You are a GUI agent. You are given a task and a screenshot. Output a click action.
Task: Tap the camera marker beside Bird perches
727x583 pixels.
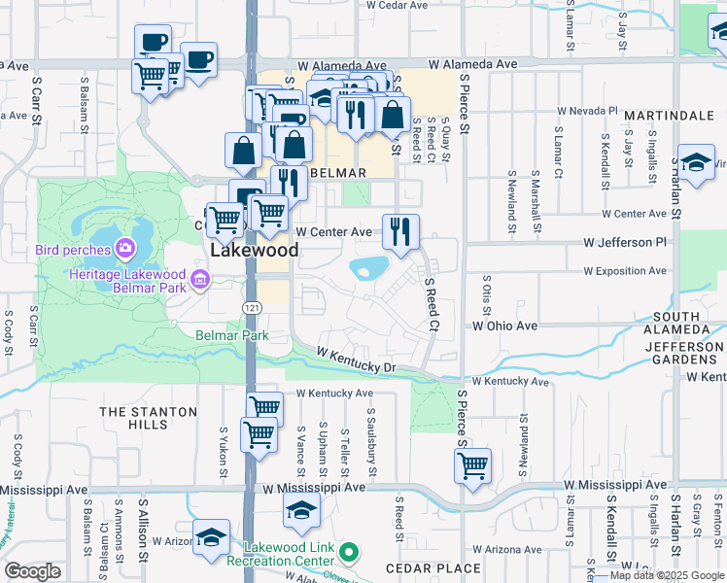(x=125, y=250)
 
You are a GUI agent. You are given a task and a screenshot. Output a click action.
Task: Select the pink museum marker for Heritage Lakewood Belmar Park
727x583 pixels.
(x=200, y=282)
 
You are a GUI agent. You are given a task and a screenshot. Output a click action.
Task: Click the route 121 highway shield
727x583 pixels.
(x=251, y=306)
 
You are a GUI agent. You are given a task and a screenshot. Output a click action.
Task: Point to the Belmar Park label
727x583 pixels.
(x=231, y=335)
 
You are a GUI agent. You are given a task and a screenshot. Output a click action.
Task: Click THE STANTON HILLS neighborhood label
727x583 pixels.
(x=148, y=418)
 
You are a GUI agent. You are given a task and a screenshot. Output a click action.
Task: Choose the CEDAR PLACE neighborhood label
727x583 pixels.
(x=433, y=568)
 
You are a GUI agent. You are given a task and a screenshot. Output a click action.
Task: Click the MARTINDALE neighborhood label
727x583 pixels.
(x=669, y=116)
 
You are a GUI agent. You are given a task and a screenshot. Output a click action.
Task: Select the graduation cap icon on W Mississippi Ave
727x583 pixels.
(x=302, y=508)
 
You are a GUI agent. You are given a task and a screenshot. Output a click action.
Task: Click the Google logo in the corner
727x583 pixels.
(x=33, y=571)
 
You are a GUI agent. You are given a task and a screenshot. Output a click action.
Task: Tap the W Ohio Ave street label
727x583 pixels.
(x=504, y=326)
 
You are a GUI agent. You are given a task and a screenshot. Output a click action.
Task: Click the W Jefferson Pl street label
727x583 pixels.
(x=625, y=241)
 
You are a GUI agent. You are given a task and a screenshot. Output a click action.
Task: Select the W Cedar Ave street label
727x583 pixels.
(x=397, y=5)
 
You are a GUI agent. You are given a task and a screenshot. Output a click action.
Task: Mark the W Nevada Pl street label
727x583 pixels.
(x=585, y=112)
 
